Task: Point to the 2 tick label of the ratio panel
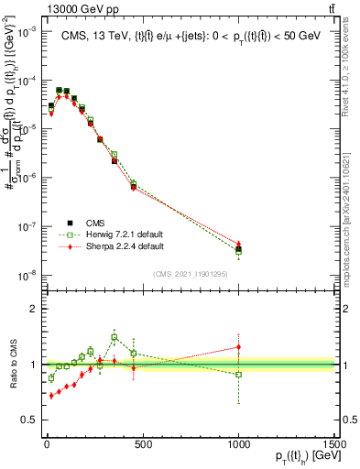tap(30, 309)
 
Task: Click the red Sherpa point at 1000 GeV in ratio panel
tap(239, 347)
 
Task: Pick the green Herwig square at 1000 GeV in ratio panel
tap(239, 375)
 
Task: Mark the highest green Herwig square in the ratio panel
tap(115, 337)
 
